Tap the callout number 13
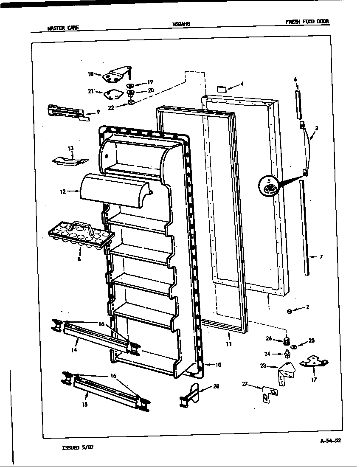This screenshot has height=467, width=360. click(70, 149)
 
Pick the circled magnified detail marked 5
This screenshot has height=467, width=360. click(268, 187)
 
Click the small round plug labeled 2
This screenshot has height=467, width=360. click(290, 312)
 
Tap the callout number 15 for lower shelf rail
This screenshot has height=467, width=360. click(85, 405)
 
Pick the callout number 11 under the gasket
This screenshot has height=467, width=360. click(229, 344)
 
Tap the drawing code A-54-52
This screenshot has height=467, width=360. click(330, 440)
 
